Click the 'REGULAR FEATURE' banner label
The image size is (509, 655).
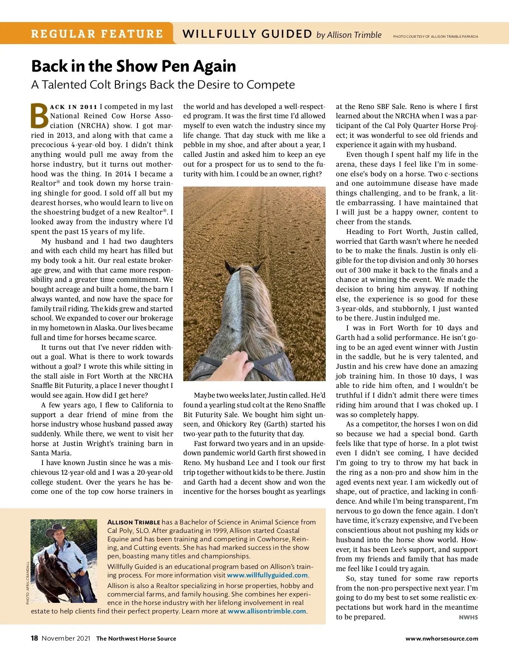[97, 34]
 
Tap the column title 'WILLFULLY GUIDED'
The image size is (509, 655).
[247, 34]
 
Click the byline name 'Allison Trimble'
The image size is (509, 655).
[354, 35]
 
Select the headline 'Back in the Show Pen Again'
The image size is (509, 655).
[134, 67]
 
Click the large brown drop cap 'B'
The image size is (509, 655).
[39, 116]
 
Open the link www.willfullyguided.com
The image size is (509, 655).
[267, 575]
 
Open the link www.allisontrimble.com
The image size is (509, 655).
[267, 611]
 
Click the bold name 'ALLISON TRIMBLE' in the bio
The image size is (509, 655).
[134, 522]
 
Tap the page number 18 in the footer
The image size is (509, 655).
[34, 638]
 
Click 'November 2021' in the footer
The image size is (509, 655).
[66, 638]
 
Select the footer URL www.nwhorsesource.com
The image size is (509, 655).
[442, 638]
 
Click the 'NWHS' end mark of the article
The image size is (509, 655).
[468, 617]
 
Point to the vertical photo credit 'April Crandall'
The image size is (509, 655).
[28, 583]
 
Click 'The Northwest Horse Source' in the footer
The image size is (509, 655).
[136, 638]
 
